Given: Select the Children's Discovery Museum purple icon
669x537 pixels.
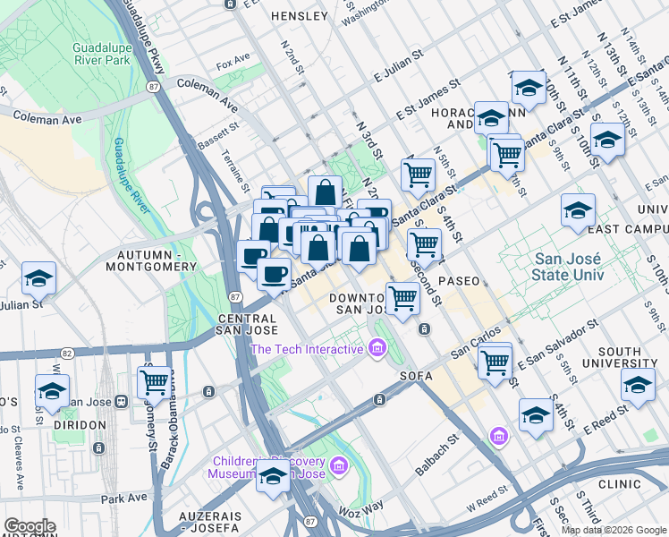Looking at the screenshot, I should click(337, 466).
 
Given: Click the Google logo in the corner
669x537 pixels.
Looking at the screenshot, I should click(29, 526).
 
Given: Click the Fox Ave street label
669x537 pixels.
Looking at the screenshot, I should click(233, 64).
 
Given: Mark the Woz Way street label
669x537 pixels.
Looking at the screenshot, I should click(362, 509).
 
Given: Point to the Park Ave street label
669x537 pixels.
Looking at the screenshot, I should click(123, 497).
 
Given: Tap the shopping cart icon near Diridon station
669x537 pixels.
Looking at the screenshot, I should click(155, 381).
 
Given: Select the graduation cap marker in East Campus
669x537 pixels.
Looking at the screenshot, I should click(578, 211).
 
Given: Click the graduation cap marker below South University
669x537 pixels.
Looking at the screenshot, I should click(638, 385).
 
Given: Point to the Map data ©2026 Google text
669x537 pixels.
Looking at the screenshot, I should click(614, 530).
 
